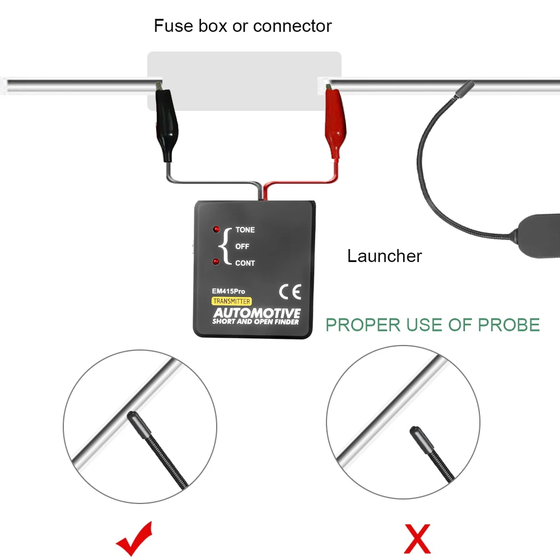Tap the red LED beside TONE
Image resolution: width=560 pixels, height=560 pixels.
[216, 230]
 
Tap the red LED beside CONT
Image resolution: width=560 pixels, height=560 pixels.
[216, 262]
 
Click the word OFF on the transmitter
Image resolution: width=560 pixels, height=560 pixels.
[242, 246]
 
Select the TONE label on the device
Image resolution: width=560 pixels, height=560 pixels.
[245, 230]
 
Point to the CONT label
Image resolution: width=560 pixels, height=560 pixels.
[245, 263]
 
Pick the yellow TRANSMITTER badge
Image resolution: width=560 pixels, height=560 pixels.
[231, 301]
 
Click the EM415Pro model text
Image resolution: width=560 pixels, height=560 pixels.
[228, 291]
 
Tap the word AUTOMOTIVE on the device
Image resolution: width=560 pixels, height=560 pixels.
[256, 312]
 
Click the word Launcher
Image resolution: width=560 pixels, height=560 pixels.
[385, 256]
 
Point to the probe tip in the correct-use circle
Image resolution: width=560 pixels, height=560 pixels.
[134, 418]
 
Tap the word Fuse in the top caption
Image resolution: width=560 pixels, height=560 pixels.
[170, 26]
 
